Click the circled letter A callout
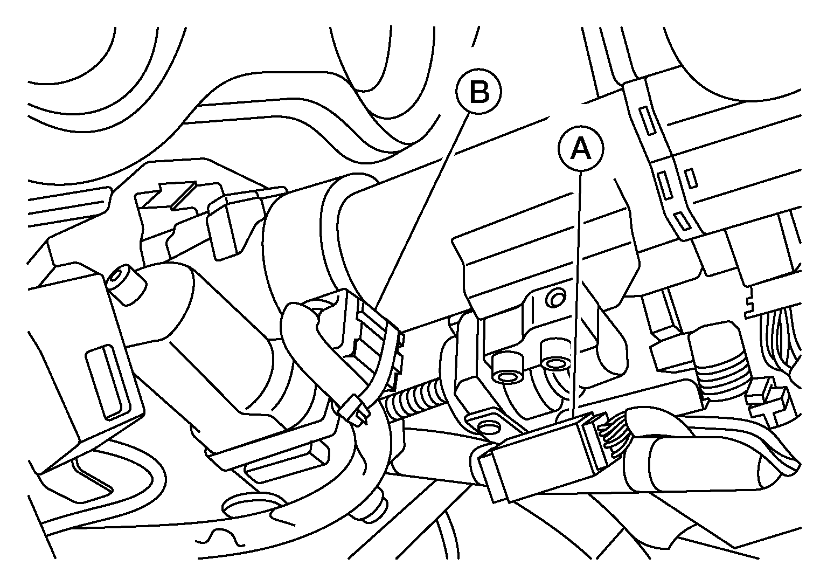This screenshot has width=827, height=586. (581, 149)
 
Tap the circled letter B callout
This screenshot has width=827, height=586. (479, 92)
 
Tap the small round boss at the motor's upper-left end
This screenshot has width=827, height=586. (126, 284)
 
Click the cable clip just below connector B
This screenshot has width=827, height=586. (355, 409)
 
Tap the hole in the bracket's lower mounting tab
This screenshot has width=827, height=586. (489, 428)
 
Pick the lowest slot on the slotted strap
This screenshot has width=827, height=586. (681, 220)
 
